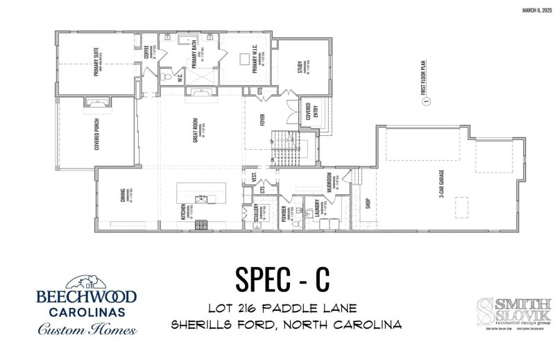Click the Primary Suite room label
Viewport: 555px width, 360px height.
pos(96,62)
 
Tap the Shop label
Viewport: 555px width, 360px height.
pos(368,203)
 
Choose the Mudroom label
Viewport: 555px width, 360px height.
pos(330,182)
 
